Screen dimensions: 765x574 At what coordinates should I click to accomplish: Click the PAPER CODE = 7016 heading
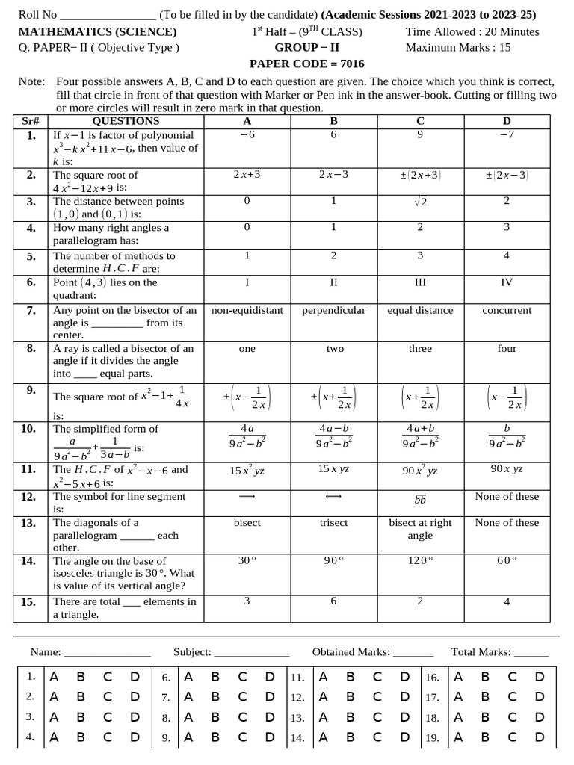click(x=306, y=64)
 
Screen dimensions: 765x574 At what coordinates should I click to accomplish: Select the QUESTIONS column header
click(x=126, y=121)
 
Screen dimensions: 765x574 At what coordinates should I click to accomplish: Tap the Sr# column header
click(x=31, y=121)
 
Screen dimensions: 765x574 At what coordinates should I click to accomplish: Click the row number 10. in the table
click(x=29, y=429)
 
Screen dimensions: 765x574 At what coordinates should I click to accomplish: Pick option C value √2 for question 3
click(x=420, y=202)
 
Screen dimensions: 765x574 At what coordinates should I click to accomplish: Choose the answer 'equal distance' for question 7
click(x=420, y=310)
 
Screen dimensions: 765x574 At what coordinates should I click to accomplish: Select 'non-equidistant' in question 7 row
click(x=247, y=310)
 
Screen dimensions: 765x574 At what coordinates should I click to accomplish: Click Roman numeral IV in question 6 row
click(x=507, y=282)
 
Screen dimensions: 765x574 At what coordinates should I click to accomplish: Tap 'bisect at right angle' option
click(x=420, y=529)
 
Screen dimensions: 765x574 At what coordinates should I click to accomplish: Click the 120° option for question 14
click(x=420, y=560)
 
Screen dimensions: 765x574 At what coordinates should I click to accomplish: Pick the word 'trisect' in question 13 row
click(x=333, y=523)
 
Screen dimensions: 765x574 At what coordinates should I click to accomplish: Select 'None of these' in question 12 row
click(x=507, y=496)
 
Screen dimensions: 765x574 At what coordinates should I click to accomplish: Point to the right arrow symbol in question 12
click(x=247, y=497)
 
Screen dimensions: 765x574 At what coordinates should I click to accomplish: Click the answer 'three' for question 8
click(x=420, y=348)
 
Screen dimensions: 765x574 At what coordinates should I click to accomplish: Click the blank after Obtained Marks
click(x=413, y=652)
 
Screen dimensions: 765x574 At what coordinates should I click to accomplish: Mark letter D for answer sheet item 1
click(x=135, y=677)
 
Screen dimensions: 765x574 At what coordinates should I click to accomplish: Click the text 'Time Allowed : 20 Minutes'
click(x=472, y=31)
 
